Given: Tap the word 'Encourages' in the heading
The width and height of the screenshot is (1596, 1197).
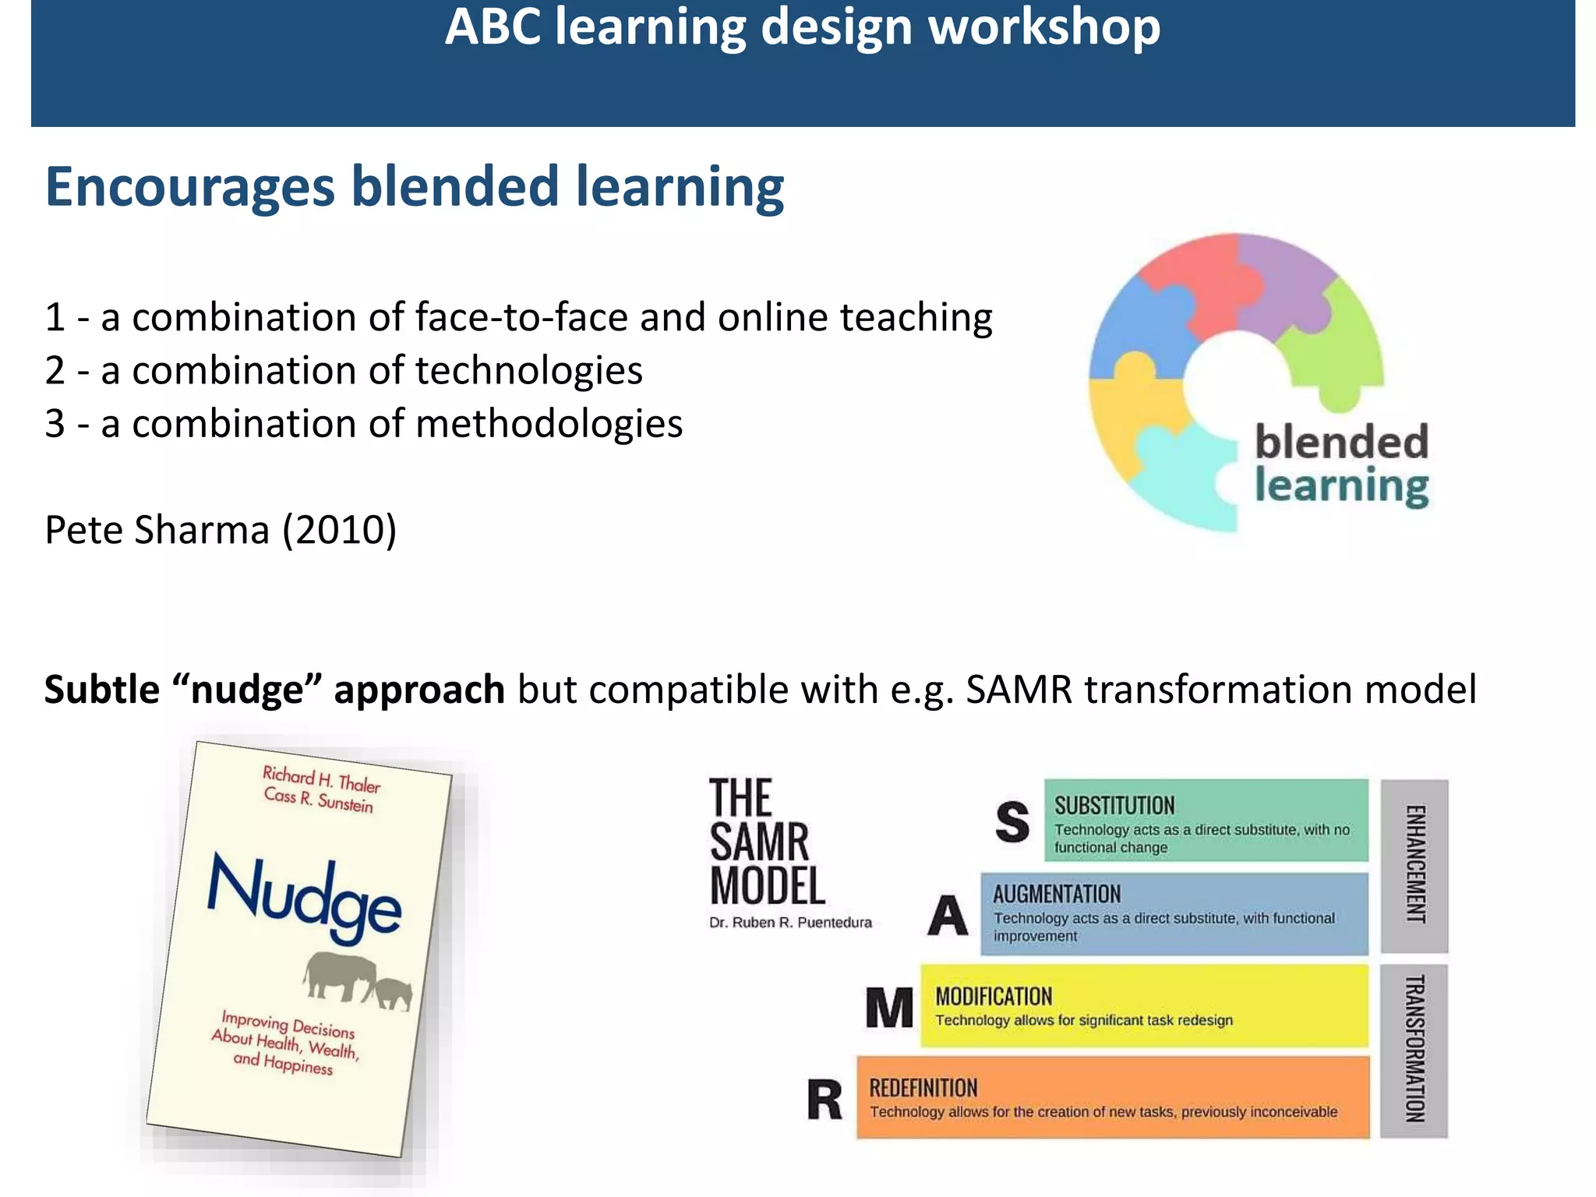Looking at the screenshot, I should [x=190, y=188].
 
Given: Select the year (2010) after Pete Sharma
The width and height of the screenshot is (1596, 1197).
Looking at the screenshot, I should [x=340, y=531].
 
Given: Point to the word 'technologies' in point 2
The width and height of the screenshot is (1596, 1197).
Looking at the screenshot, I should [x=529, y=371].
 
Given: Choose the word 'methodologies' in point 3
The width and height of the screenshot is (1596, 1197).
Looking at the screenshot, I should [x=549, y=425].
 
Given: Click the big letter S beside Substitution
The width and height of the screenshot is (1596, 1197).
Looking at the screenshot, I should [x=1012, y=822].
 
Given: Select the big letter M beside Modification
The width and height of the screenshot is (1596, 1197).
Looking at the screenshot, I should [x=889, y=1008].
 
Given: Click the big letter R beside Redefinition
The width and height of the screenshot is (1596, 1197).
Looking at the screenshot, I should [x=824, y=1100].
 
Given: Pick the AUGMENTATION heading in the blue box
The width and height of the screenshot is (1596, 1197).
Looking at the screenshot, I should [x=1057, y=895].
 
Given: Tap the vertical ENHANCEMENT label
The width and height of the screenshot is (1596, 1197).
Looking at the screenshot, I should [x=1414, y=865].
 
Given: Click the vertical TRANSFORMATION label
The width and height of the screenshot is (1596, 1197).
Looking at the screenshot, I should [x=1414, y=1050].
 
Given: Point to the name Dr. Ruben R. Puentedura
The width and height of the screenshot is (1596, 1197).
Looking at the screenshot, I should [x=790, y=923].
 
